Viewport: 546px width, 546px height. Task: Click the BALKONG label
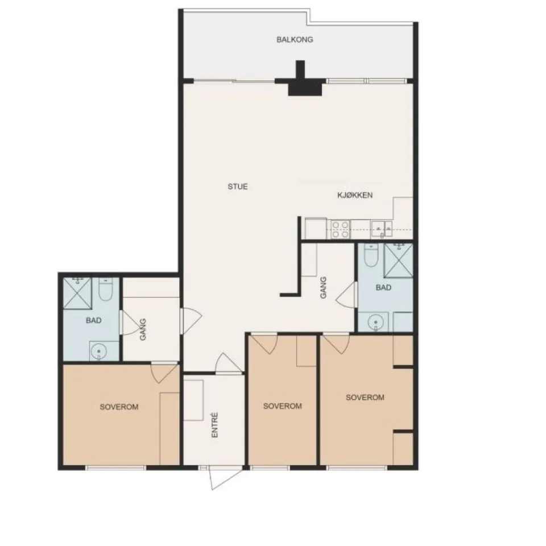coord(295,39)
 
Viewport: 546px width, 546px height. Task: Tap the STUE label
coord(238,187)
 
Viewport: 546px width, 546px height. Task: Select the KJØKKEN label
coord(355,195)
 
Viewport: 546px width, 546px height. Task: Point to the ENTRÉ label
coord(214,425)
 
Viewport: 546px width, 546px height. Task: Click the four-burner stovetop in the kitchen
coord(340,229)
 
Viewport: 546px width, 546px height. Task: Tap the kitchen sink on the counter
coord(381,229)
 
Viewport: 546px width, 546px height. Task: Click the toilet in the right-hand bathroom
coord(371,255)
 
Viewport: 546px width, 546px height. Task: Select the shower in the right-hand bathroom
coord(398,260)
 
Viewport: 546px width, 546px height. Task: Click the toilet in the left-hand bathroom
coord(106,289)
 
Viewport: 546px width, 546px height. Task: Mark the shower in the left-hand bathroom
coord(77,293)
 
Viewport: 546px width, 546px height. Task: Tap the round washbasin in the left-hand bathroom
coord(98,351)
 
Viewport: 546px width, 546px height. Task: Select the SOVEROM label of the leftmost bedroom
coord(119,407)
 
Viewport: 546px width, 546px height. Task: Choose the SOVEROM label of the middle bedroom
coord(283,406)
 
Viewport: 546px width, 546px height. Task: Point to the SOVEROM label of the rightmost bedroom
coord(365,398)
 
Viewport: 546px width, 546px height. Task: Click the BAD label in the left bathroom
coord(94,320)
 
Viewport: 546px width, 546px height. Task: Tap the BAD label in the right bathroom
coord(383,288)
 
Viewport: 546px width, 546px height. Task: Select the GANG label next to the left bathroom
coord(143,329)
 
